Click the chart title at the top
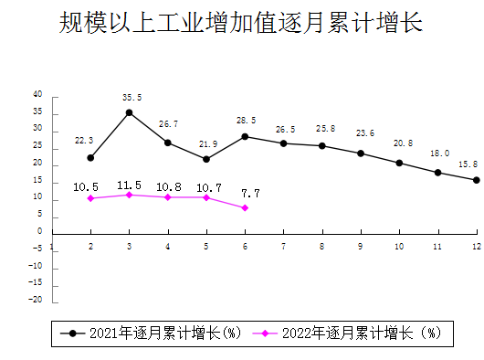pyautogui.click(x=241, y=24)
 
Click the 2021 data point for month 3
pyautogui.click(x=129, y=112)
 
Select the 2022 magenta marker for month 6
pyautogui.click(x=245, y=207)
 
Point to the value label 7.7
pyautogui.click(x=250, y=193)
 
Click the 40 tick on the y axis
pyautogui.click(x=37, y=95)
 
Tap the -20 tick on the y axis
pyautogui.click(x=36, y=300)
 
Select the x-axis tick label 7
pyautogui.click(x=284, y=246)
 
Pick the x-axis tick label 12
pyautogui.click(x=477, y=246)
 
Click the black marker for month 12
pyautogui.click(x=477, y=180)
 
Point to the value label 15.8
pyautogui.click(x=468, y=164)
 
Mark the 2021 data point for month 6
pyautogui.click(x=245, y=136)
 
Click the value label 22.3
pyautogui.click(x=84, y=141)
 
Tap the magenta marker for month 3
pyautogui.click(x=129, y=195)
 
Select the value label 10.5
pyautogui.click(x=86, y=186)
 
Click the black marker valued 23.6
pyautogui.click(x=361, y=154)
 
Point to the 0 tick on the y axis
pyautogui.click(x=40, y=232)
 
